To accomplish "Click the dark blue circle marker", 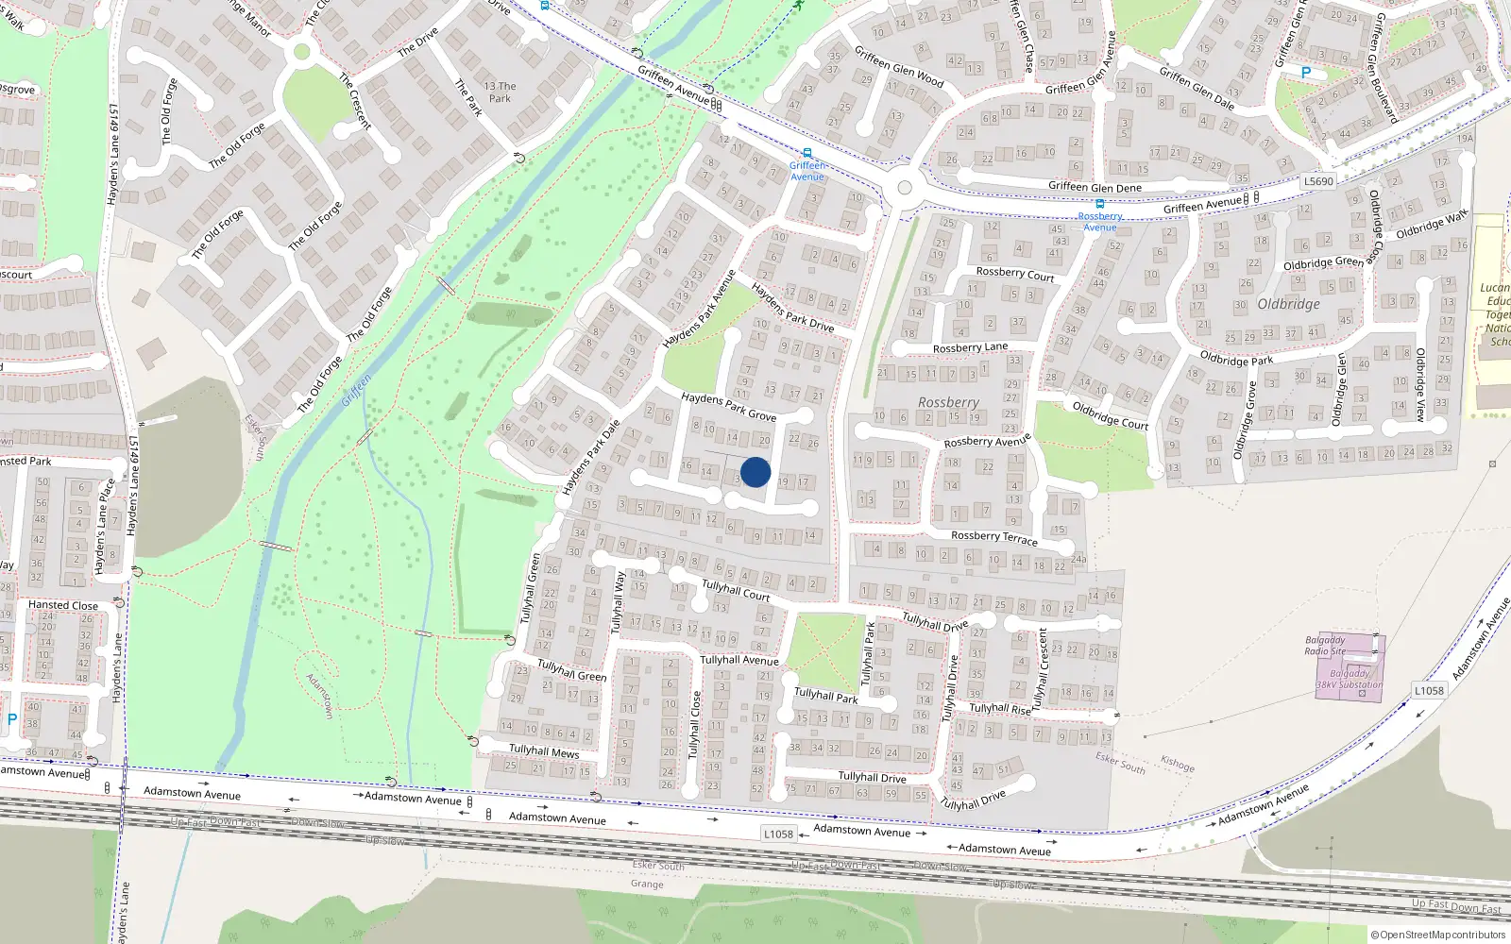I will point(755,472).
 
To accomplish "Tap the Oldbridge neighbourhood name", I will point(1289,304).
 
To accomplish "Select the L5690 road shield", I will point(1317,181).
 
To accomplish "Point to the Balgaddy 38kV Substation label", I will point(1350,680).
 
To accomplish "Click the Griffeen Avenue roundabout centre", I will point(905,188).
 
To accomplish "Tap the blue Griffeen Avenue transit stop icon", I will point(806,153).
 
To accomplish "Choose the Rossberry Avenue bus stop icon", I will point(1099,203).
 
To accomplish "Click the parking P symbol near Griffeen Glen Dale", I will point(1306,73).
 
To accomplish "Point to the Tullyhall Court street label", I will point(736,591).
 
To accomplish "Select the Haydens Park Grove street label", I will point(728,407).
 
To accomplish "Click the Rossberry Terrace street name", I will point(993,537).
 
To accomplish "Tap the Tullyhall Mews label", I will point(544,751).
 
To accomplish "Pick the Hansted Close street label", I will point(63,605).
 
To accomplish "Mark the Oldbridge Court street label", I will point(1110,415).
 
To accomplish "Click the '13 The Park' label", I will point(500,92).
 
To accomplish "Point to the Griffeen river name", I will point(356,390).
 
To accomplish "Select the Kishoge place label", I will point(1178,764).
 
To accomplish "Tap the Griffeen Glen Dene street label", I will point(1095,187).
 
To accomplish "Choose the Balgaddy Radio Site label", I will point(1325,646).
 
